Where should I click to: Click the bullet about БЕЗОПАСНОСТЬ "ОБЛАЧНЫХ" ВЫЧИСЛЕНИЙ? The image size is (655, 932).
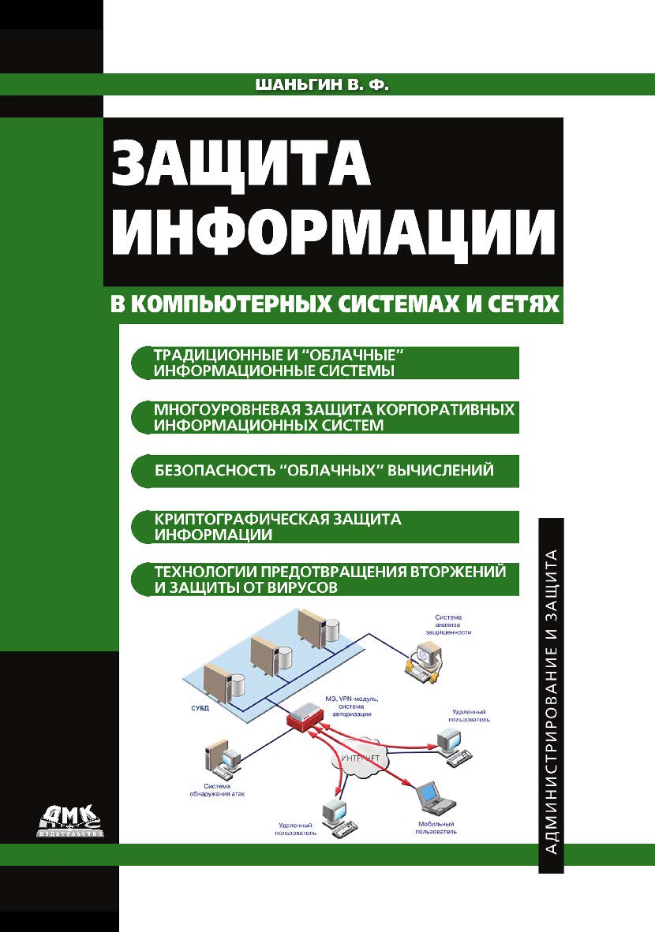[324, 471]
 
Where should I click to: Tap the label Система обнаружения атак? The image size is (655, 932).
[225, 790]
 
